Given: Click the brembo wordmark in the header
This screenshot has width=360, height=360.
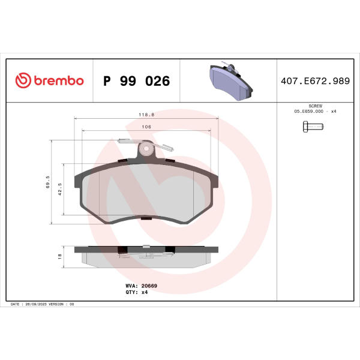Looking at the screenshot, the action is coord(59,80).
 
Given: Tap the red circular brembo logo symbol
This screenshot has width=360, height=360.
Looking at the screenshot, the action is coord(23,80).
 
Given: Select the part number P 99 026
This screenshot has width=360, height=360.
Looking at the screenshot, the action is coord(137,81).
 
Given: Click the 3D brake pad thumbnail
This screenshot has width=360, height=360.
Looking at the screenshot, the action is coord(231,81).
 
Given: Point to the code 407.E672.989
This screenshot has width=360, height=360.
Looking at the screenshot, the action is coord(315,81).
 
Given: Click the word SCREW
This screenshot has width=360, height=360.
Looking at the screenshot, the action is coord(315,106).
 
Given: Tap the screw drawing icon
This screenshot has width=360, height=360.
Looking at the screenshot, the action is coord(313,127).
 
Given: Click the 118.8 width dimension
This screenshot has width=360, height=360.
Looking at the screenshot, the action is coord(146,115).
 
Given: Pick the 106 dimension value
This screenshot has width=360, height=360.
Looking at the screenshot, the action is coord(146,127).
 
